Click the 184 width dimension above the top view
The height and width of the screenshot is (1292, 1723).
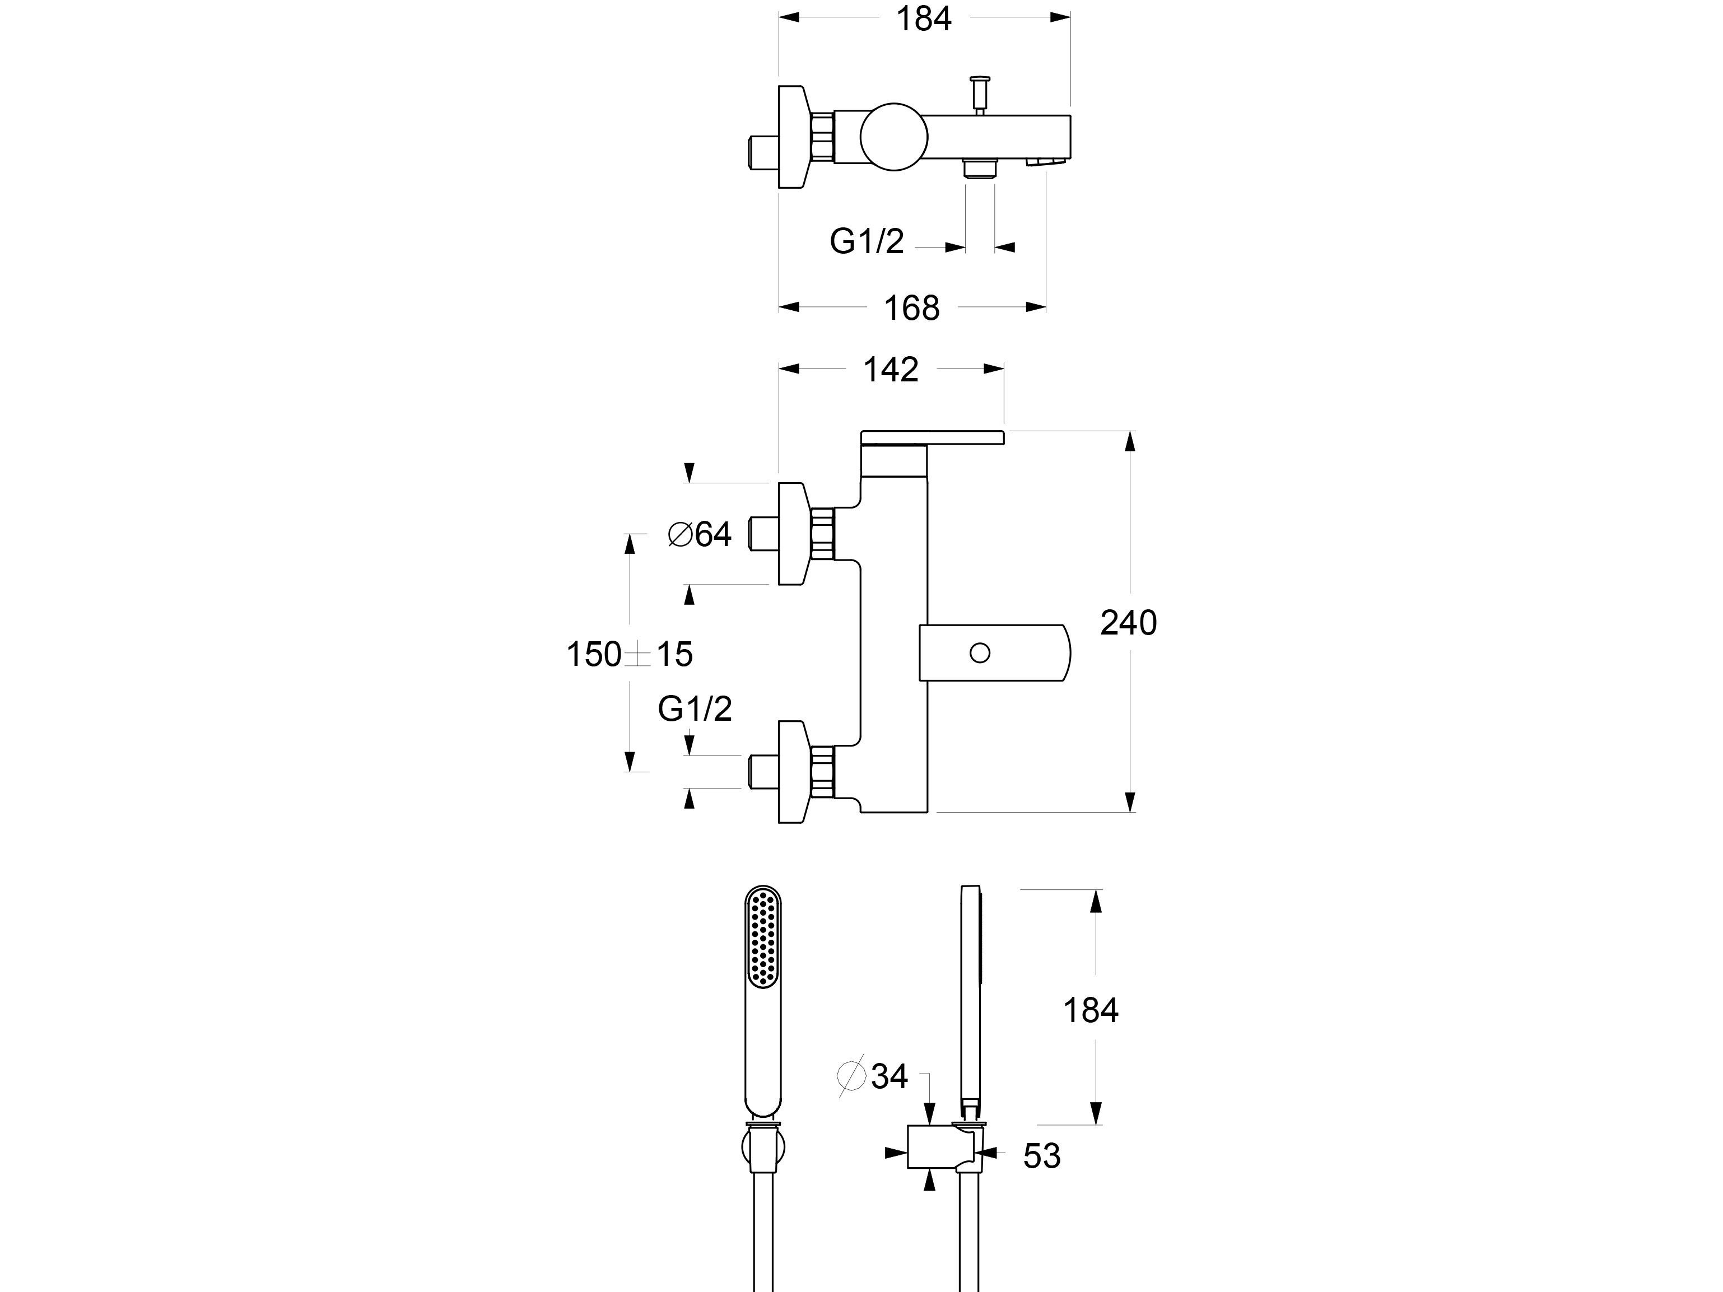[924, 18]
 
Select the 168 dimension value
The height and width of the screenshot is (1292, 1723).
[911, 309]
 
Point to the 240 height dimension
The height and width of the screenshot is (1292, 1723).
[1128, 623]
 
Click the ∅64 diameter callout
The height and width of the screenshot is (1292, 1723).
[700, 534]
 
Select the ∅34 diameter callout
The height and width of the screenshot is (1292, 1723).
[873, 1076]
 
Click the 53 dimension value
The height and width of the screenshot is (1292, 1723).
[1041, 1156]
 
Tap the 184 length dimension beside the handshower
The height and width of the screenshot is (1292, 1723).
[1091, 1011]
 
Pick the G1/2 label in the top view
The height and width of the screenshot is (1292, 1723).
[866, 241]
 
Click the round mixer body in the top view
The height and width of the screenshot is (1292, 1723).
[893, 137]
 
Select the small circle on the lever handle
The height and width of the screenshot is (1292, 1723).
[980, 652]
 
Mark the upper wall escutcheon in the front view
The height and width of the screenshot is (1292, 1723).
[793, 534]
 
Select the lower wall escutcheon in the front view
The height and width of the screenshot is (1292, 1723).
[793, 771]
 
